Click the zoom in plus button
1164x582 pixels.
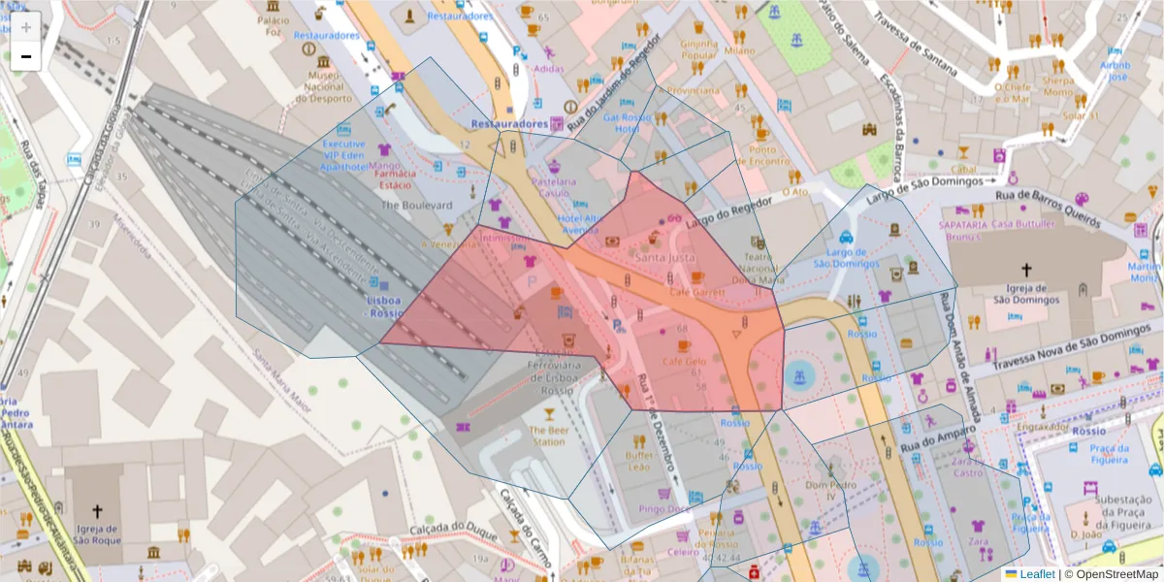point(25,27)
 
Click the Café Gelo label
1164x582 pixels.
point(683,362)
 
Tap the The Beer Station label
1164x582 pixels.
point(547,436)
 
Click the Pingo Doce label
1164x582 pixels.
point(664,508)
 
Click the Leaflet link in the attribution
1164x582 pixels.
point(1036,574)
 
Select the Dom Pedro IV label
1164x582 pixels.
point(821,490)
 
